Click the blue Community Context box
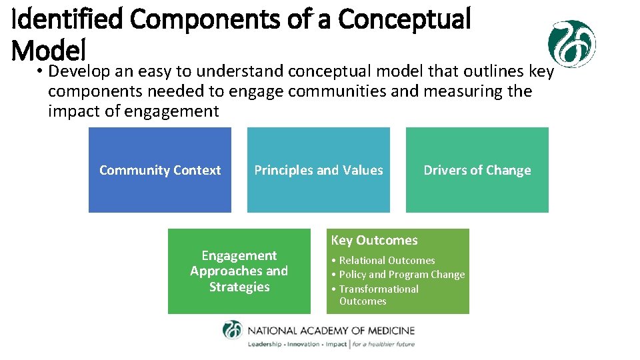coord(160,170)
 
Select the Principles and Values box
coord(319,170)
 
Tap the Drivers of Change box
coord(477,170)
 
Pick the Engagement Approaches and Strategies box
coord(239,271)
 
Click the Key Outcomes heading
coord(374,241)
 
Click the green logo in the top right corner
coord(571,43)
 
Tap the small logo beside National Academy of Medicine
coord(233,331)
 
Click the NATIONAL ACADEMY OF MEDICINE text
coord(331,331)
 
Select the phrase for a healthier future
coord(383,345)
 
